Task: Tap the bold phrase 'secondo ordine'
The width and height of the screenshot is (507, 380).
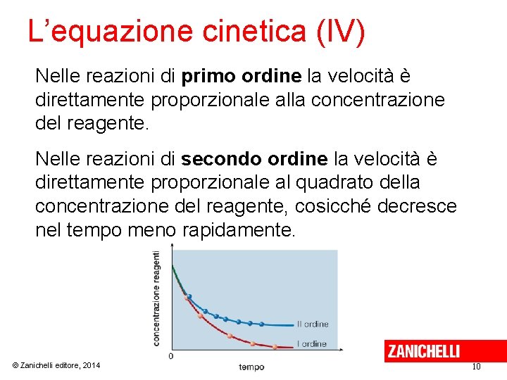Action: (x=254, y=159)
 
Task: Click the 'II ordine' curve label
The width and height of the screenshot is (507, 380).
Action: (x=313, y=324)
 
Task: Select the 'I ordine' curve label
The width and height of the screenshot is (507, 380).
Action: (x=312, y=343)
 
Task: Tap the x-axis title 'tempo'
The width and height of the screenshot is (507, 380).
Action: (x=251, y=367)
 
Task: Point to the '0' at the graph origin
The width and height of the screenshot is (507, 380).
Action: (x=170, y=357)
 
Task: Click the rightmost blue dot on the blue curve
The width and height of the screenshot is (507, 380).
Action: (x=262, y=324)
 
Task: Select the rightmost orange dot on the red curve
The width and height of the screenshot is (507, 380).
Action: (x=275, y=346)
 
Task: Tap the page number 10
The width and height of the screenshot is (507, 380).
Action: (x=476, y=367)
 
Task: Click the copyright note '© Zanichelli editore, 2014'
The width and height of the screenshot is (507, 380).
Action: (x=56, y=365)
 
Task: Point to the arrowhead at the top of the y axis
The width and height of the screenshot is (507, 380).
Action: (x=173, y=247)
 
